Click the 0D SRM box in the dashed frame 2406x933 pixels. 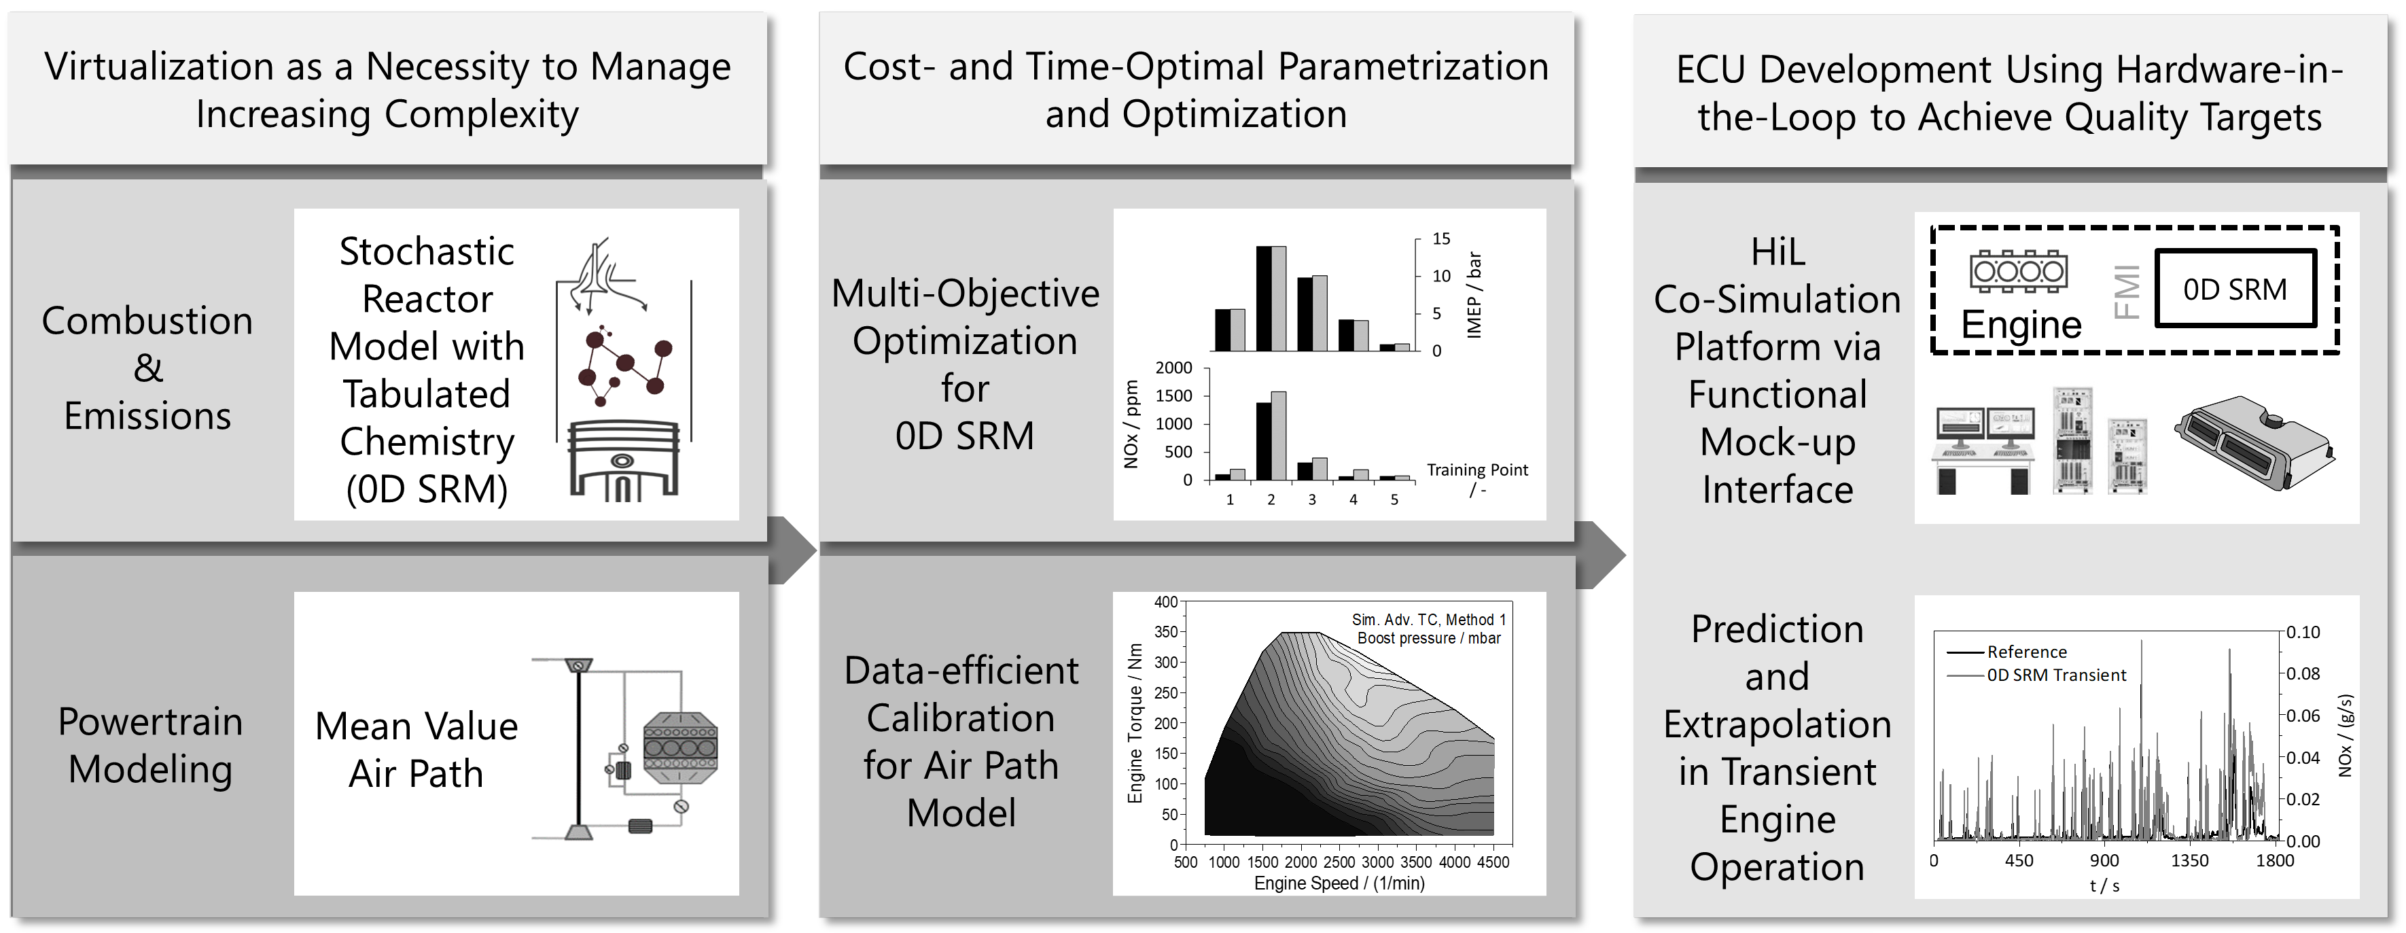click(2235, 289)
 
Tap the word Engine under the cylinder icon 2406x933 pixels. click(2021, 324)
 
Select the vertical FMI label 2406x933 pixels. click(2126, 292)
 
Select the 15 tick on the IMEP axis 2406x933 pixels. click(1441, 239)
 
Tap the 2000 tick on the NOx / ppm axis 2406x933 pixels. click(1173, 368)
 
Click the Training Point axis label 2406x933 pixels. click(1476, 479)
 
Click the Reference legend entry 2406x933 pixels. click(2027, 652)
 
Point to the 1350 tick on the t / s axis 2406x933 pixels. click(2189, 861)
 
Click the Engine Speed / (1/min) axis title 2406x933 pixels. click(1339, 883)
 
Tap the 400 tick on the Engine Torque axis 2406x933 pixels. click(1166, 602)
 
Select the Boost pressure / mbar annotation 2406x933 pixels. click(1429, 638)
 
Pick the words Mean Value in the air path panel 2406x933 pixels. click(417, 726)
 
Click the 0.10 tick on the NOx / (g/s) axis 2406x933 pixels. click(2303, 632)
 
